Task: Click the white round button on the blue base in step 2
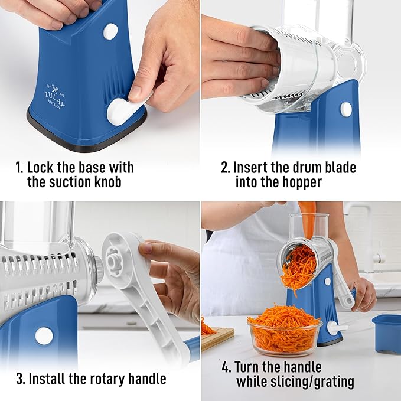346,109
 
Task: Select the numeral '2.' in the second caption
225,167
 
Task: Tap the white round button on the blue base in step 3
44,335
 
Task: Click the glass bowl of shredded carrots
284,331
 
